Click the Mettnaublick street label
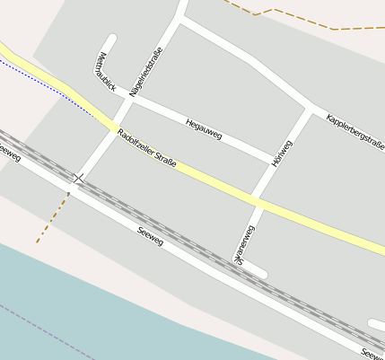105,73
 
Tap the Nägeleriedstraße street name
145,71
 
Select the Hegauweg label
204,128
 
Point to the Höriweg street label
281,154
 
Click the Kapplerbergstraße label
355,131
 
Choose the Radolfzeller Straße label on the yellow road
146,149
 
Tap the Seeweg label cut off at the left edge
8,152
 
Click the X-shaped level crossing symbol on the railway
79,179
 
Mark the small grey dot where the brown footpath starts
68,192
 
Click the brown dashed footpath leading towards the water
52,218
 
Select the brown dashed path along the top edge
296,18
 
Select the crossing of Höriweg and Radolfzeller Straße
258,204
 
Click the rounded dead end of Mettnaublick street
111,40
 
